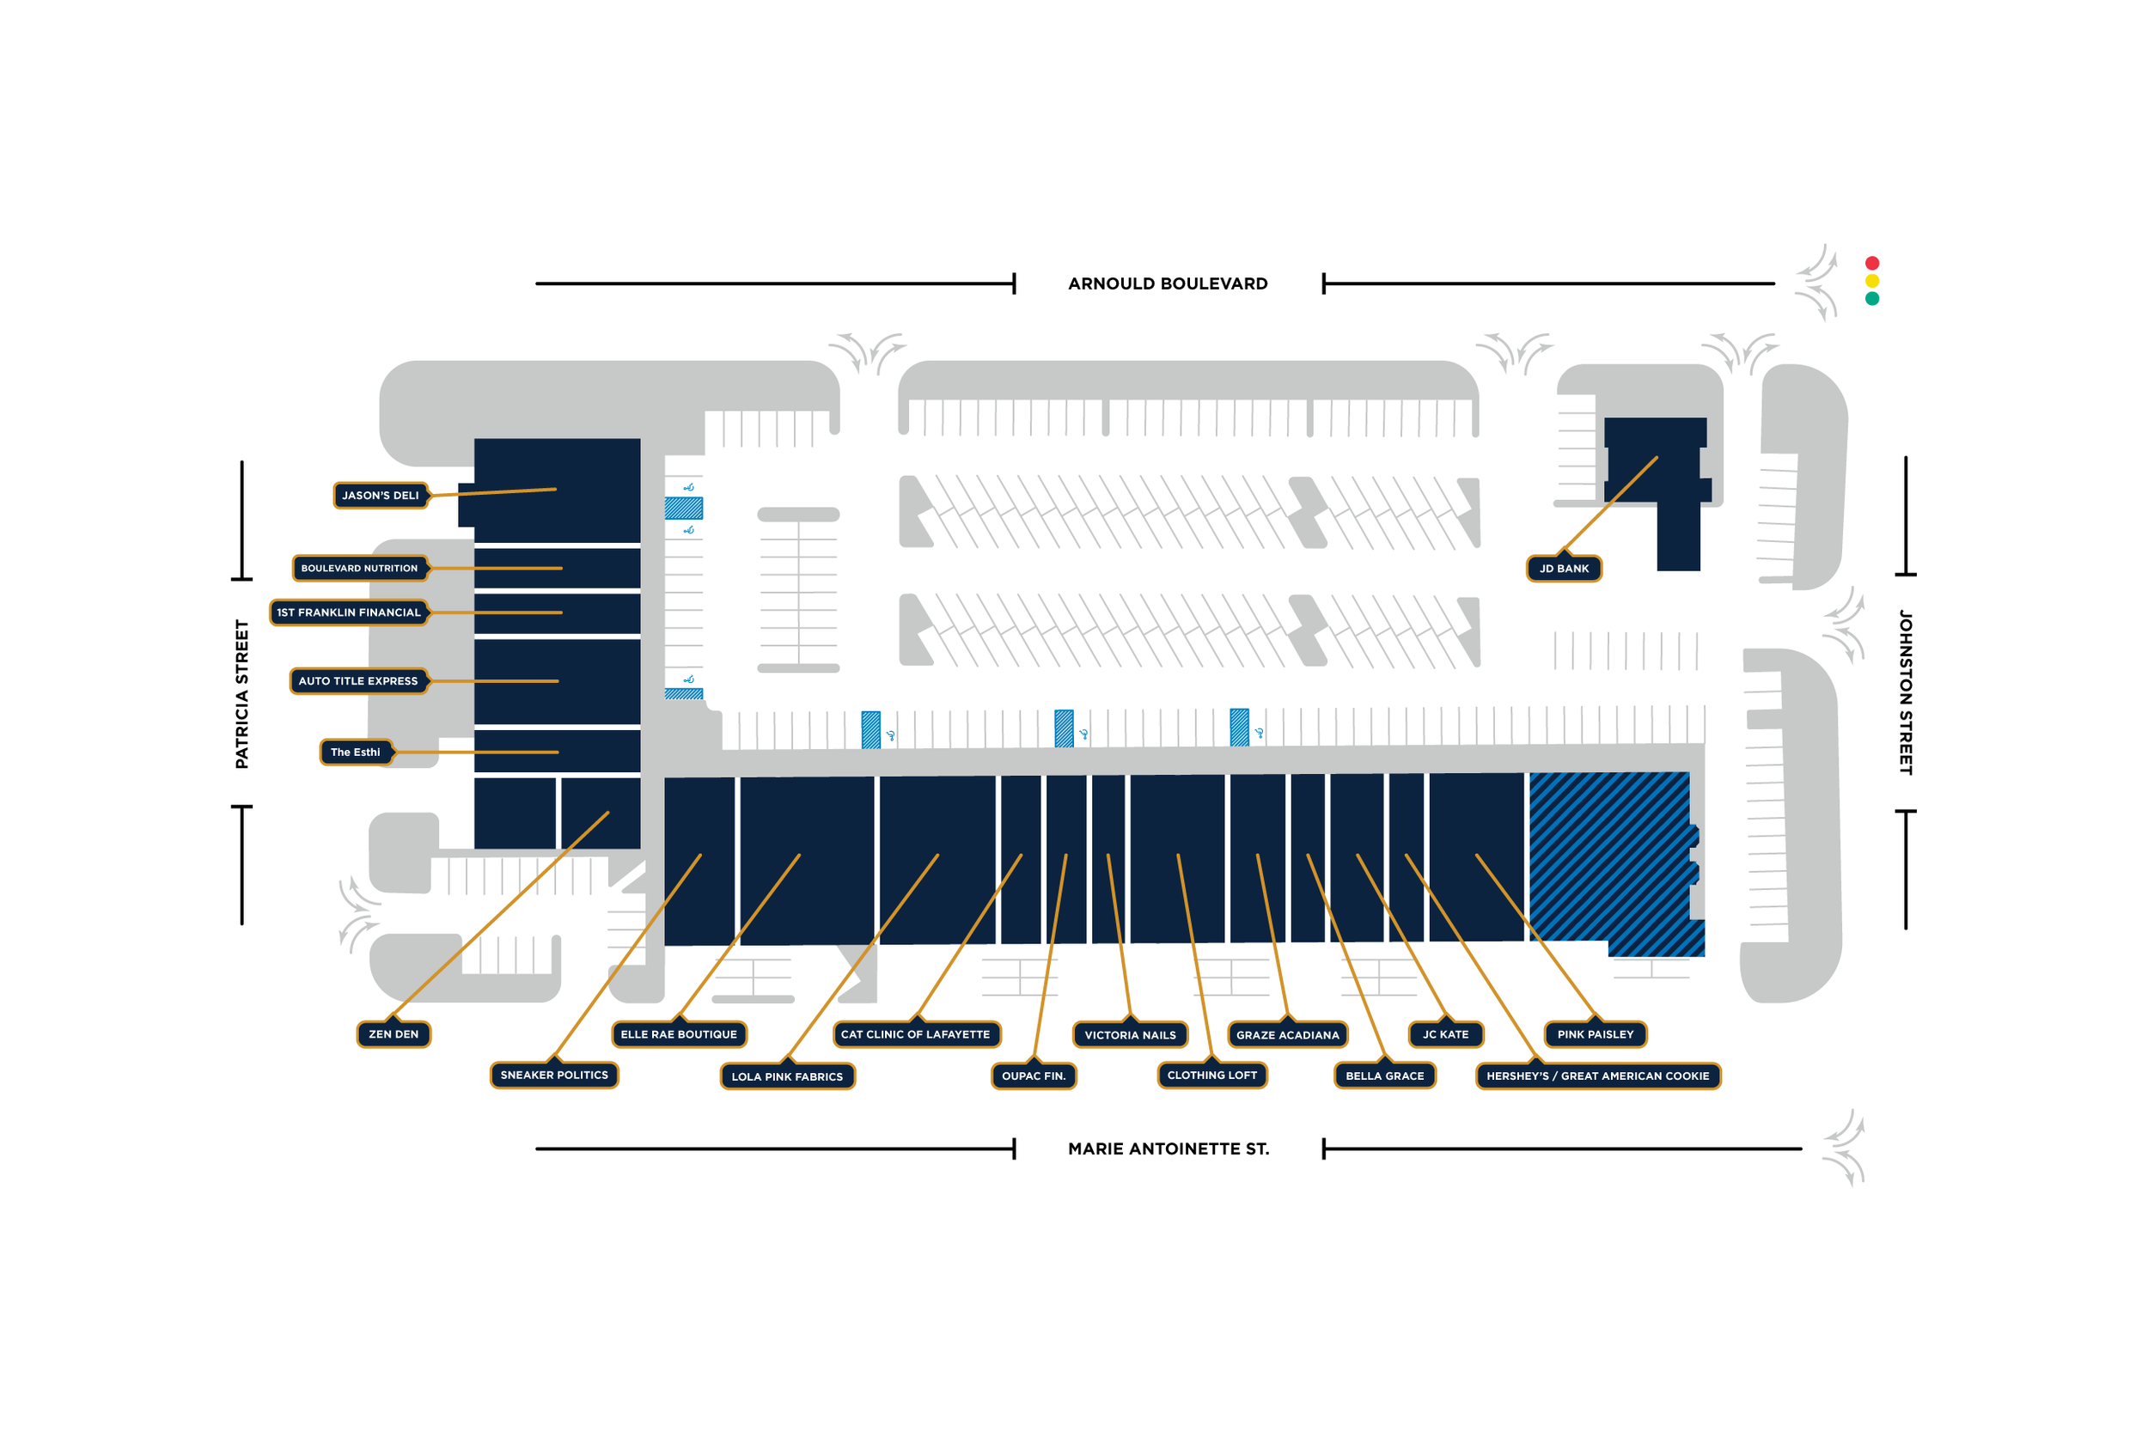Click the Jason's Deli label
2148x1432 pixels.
point(380,496)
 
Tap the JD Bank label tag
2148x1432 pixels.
point(1564,569)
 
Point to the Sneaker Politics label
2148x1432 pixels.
point(554,1075)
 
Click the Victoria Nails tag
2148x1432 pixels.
point(1130,1036)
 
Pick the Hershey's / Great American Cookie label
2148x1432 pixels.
point(1597,1076)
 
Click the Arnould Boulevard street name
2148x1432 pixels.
point(1168,284)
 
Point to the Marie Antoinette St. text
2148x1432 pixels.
point(1168,1149)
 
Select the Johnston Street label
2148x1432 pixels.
point(1905,692)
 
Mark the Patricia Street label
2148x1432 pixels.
point(242,694)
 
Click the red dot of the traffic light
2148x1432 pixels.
point(1872,263)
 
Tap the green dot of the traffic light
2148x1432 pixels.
point(1872,299)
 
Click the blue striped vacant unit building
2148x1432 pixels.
point(1609,858)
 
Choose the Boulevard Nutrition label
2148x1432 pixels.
point(359,568)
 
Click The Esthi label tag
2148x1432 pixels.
point(355,753)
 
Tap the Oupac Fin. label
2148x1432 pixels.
point(1033,1076)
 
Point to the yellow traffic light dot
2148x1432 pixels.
point(1872,281)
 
